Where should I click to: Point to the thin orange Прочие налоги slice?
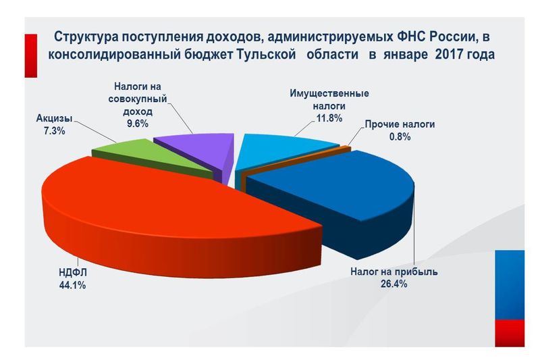[x=346, y=149]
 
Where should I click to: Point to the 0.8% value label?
[x=399, y=136]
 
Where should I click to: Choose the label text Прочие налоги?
[x=400, y=124]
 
